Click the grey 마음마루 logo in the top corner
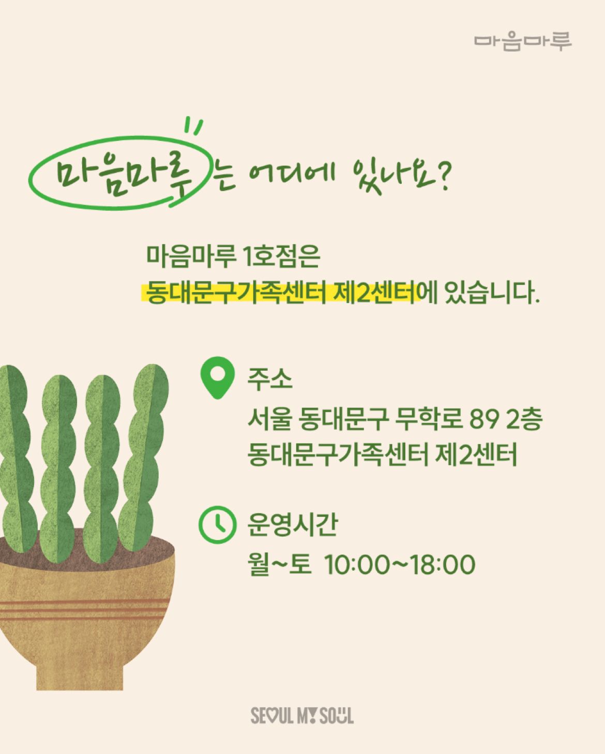click(x=523, y=42)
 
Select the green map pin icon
click(x=218, y=378)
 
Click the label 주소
click(x=269, y=380)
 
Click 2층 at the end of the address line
click(x=524, y=419)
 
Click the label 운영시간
click(x=292, y=525)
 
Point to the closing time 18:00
click(x=443, y=565)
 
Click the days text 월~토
click(x=279, y=564)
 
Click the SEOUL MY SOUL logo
click(x=302, y=716)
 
